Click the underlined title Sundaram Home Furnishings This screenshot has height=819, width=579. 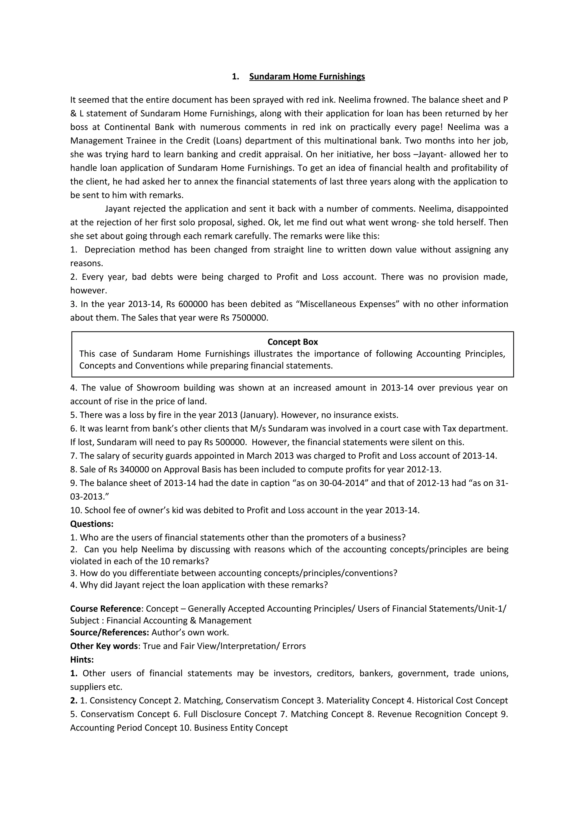click(307, 77)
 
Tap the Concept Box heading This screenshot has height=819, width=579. click(293, 342)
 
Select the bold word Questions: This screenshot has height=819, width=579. click(92, 524)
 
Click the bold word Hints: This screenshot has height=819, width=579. click(82, 660)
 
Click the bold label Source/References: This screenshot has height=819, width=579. click(109, 632)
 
